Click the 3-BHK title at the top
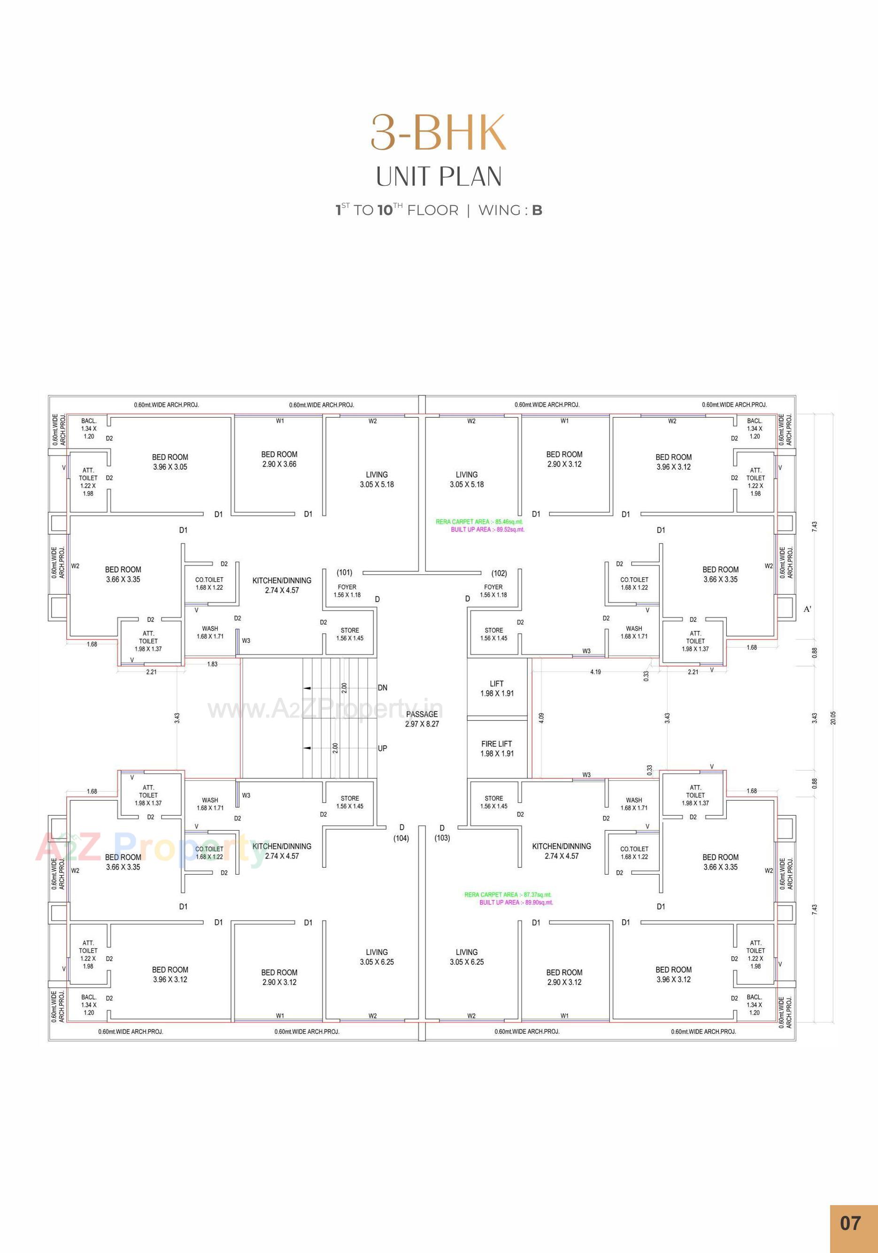coord(439,133)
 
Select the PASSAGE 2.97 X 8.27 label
coord(422,719)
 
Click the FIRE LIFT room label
coord(496,748)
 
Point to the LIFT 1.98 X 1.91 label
coord(496,688)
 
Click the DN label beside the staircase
coord(382,688)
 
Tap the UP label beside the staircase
coord(382,748)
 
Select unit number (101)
coord(345,573)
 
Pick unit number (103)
coord(442,838)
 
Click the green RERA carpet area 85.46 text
coord(479,522)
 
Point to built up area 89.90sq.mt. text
coord(516,902)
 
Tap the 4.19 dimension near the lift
coord(595,672)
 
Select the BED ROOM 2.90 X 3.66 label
coord(279,459)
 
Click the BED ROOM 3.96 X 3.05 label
coord(170,462)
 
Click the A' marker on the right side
coord(807,609)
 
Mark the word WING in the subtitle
coord(499,210)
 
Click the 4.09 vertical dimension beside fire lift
coord(541,718)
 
